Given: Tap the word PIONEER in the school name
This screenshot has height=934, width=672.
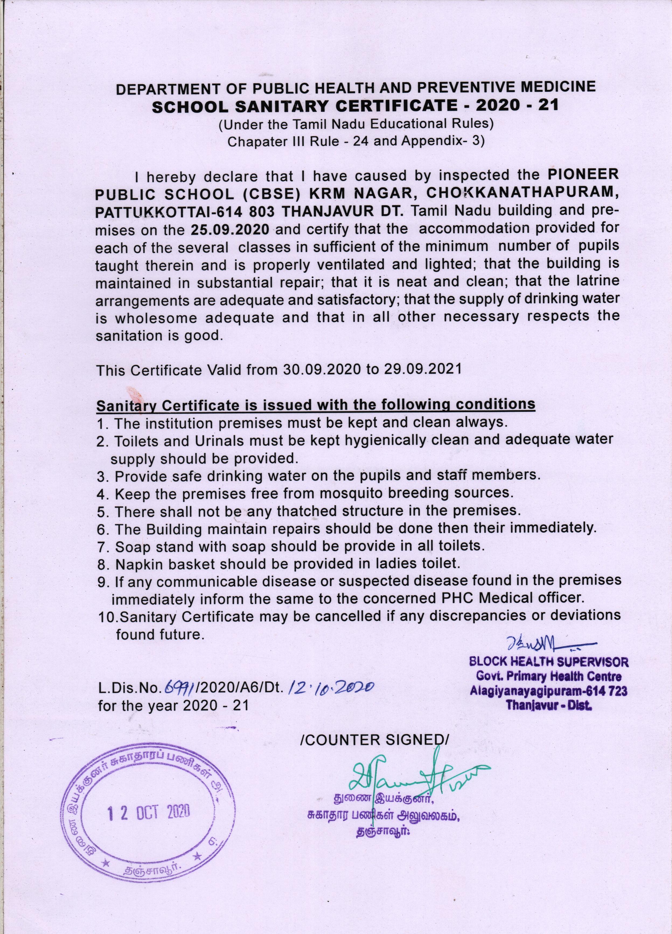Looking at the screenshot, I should [x=583, y=174].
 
